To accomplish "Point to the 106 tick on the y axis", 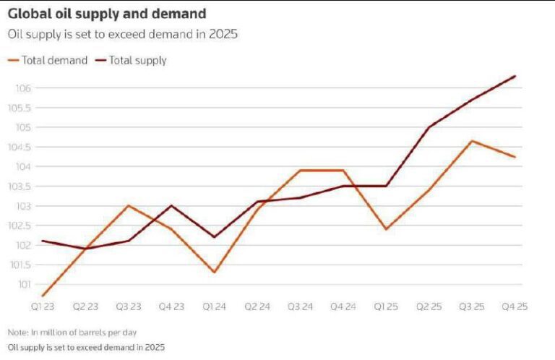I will coord(23,88).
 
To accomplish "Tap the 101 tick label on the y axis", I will coord(23,284).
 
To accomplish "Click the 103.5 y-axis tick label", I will coord(20,187).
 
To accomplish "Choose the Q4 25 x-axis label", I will coord(515,307).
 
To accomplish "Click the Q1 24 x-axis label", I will coord(214,307).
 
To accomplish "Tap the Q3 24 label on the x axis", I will coord(300,307).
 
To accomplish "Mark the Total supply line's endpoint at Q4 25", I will coord(515,76).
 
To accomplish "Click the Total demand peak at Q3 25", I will coord(472,141).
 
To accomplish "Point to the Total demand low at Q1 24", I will coord(214,273).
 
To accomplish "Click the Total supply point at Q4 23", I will coord(171,205).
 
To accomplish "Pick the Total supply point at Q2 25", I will coord(429,127).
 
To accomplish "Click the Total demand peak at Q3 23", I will coord(128,205).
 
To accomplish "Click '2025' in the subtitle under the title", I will coord(226,34).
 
